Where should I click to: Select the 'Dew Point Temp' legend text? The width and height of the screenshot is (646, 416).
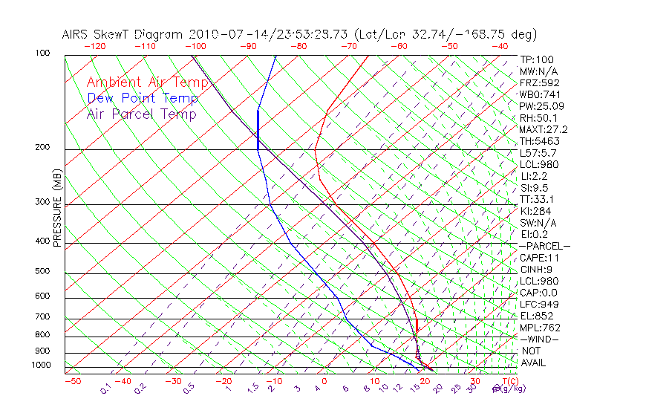click(x=143, y=98)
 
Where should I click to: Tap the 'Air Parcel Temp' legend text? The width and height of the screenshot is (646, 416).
click(x=141, y=114)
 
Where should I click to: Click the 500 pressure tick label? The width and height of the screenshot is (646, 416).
click(x=42, y=272)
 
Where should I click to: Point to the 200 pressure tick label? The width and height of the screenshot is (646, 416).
click(x=42, y=148)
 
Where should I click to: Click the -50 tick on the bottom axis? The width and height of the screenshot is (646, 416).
click(x=72, y=381)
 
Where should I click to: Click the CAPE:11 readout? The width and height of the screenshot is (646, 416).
click(x=539, y=258)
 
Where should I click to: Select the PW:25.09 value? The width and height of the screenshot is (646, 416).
click(x=541, y=106)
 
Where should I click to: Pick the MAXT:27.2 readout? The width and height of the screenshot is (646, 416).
click(x=544, y=129)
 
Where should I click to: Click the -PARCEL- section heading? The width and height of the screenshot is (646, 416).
click(x=545, y=246)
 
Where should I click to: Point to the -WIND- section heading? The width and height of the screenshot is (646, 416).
click(x=540, y=339)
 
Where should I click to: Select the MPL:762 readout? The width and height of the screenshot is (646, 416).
click(x=540, y=328)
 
